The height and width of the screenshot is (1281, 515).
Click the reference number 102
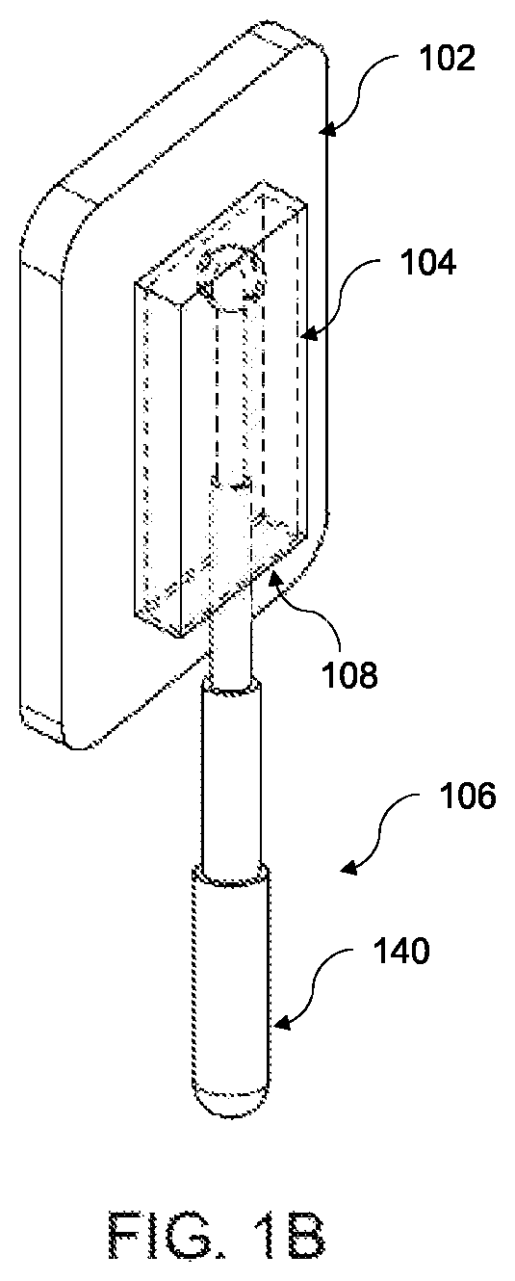[447, 59]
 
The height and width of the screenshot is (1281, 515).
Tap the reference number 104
[427, 263]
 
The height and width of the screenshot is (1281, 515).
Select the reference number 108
[349, 675]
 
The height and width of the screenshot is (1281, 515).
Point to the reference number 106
[467, 796]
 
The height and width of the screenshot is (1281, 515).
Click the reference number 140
[400, 952]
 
